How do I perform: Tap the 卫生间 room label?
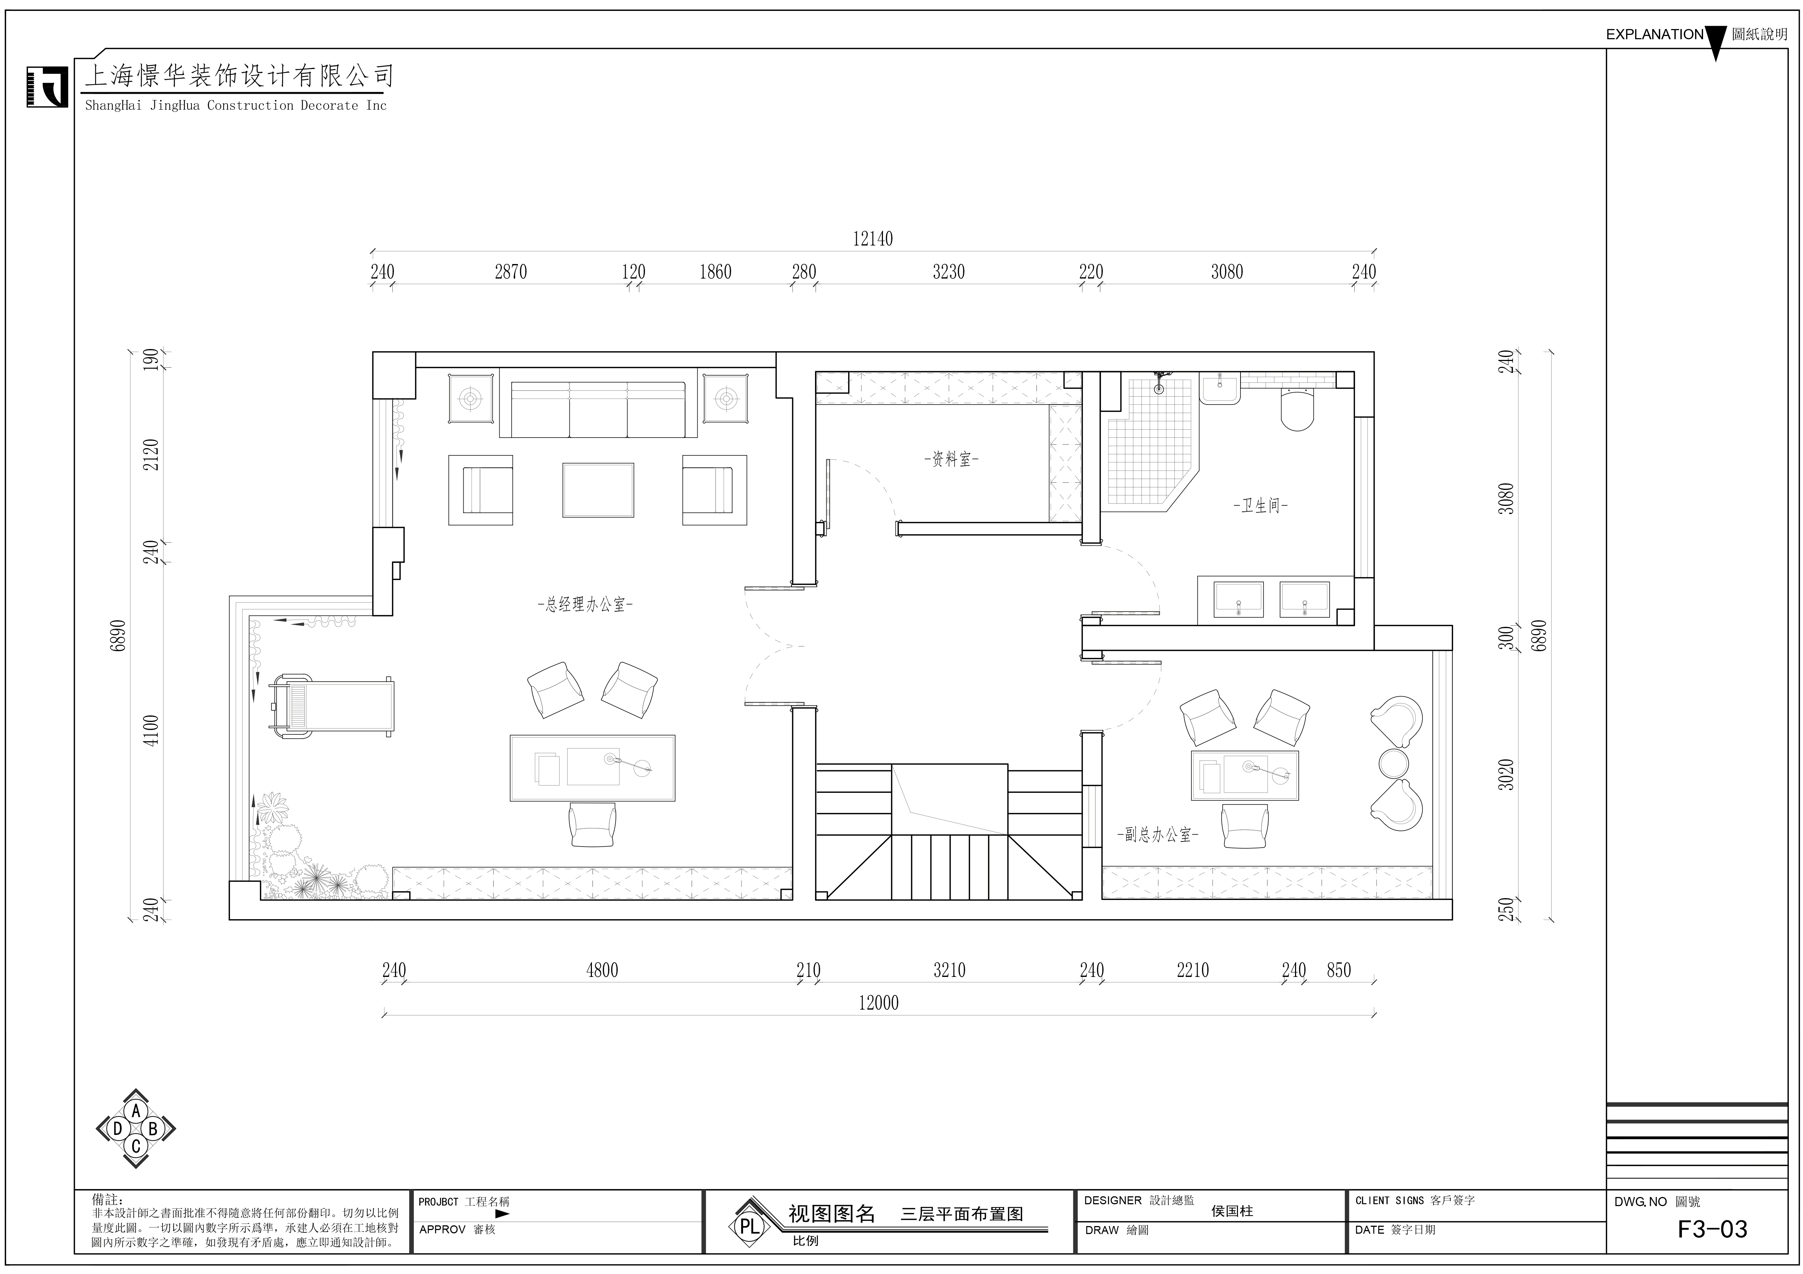tap(1261, 506)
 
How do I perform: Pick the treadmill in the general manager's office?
tap(331, 706)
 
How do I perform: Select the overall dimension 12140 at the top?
tap(872, 239)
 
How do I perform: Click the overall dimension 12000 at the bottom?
tap(878, 1002)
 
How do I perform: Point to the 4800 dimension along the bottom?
tap(602, 970)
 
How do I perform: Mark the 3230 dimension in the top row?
tap(949, 272)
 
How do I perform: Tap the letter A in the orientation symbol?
tap(136, 1111)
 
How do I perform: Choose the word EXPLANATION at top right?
tap(1655, 35)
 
